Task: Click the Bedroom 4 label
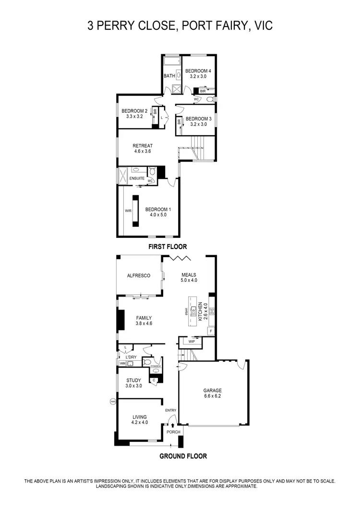(198, 71)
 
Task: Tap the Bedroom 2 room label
(134, 111)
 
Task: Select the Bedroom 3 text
(198, 119)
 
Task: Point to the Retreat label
(143, 146)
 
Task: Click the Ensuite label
(136, 178)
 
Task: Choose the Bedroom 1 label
(158, 209)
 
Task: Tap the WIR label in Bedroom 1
(128, 210)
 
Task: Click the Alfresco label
(139, 276)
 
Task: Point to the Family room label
(144, 318)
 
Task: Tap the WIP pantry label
(192, 342)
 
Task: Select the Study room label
(134, 380)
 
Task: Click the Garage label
(211, 391)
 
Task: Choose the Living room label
(139, 417)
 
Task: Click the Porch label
(173, 432)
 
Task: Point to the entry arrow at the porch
(173, 425)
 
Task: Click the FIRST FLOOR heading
(167, 247)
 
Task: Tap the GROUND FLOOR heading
(183, 456)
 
